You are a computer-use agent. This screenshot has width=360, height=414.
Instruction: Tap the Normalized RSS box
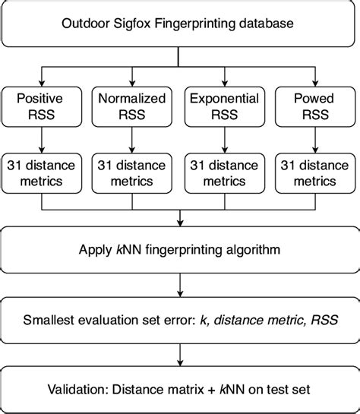coord(133,106)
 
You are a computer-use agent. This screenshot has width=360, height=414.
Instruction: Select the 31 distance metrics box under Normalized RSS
coord(133,173)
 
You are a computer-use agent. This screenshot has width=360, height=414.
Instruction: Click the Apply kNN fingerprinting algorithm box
coord(180,248)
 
